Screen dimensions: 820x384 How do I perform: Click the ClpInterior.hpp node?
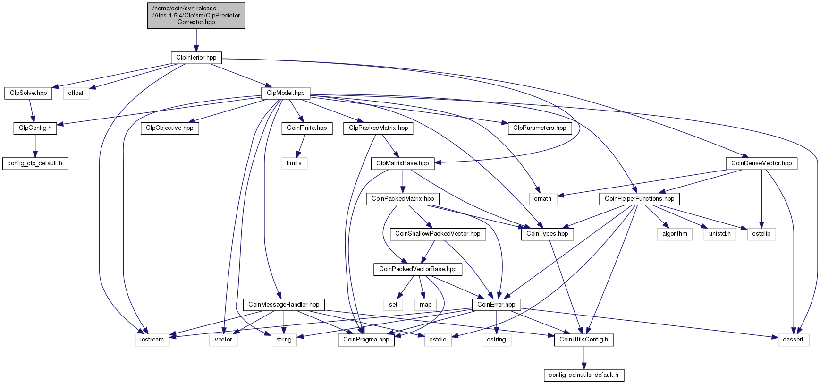click(196, 58)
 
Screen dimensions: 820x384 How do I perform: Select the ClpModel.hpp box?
click(286, 93)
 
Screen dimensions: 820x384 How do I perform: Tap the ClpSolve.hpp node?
click(28, 93)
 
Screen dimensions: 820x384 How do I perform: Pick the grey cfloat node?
click(76, 93)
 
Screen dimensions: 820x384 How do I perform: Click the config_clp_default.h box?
click(35, 163)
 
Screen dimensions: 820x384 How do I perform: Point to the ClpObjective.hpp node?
click(169, 128)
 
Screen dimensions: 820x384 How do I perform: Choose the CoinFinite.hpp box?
click(307, 128)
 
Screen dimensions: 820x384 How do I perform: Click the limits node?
click(294, 163)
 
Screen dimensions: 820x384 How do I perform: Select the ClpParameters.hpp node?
click(540, 128)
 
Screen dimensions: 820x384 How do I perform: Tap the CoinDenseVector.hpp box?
click(761, 163)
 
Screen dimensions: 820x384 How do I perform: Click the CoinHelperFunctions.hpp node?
click(639, 199)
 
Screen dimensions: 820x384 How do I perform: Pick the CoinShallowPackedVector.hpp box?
click(438, 234)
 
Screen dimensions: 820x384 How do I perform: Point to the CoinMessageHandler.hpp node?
click(284, 305)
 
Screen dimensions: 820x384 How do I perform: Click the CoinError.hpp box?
click(496, 305)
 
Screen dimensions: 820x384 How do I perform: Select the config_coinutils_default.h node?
click(584, 375)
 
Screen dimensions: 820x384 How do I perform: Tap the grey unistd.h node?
click(719, 234)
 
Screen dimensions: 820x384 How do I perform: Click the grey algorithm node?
click(675, 234)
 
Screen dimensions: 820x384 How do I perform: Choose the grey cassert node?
click(793, 340)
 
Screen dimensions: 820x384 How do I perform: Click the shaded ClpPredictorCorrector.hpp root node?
click(196, 16)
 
